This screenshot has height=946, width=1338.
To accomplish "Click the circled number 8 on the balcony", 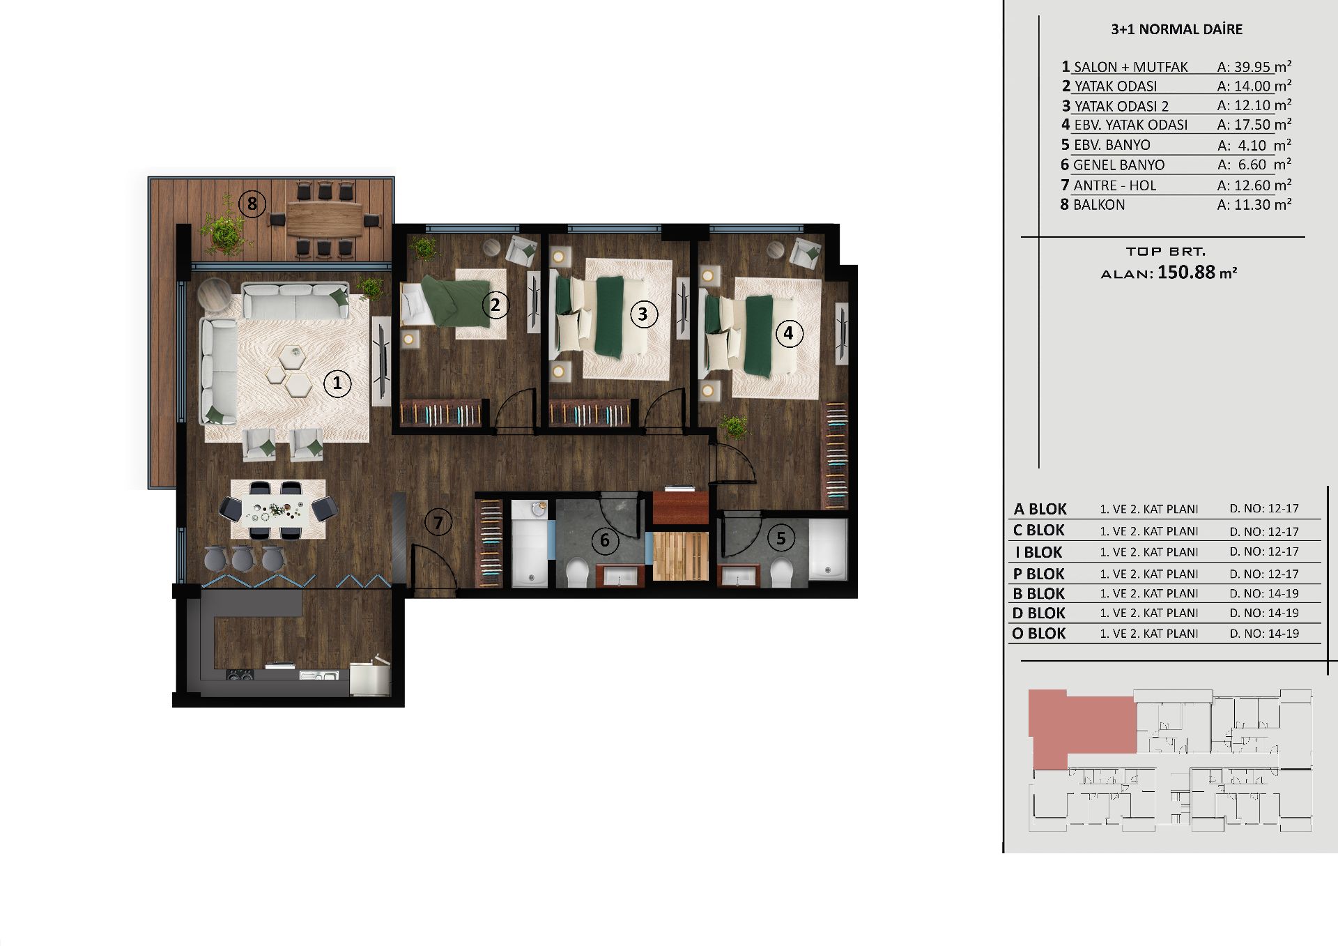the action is [x=252, y=204].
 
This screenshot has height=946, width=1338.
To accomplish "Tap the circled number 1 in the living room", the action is [x=337, y=383].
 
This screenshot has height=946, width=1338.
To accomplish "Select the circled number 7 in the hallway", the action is [x=438, y=522].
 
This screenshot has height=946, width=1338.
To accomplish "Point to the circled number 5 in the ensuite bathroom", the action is [x=780, y=538].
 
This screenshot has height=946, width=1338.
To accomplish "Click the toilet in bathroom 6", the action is [x=577, y=574].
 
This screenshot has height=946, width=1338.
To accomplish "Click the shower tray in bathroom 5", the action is [x=828, y=549].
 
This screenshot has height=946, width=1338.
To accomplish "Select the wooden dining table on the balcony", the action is [x=324, y=219].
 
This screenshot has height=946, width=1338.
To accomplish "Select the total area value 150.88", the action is [x=1186, y=272].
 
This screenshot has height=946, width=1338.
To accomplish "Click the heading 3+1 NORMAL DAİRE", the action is [x=1176, y=29].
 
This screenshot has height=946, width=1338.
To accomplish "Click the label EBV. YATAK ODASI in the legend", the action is [x=1130, y=125].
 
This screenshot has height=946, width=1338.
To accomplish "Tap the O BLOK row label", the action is [x=1038, y=634].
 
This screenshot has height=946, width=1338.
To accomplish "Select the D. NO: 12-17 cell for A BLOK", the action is [x=1264, y=509].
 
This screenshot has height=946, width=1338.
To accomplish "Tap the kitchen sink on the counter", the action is [x=318, y=675].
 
